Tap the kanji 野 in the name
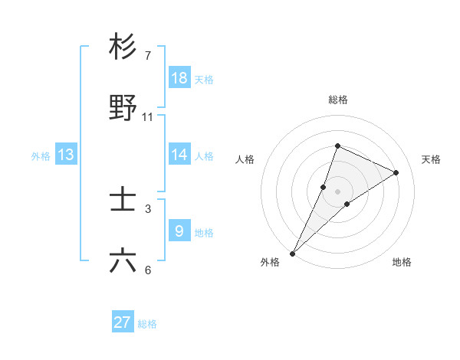123,108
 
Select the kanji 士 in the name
123,200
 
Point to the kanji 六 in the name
123,261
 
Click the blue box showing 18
179,77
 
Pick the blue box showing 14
179,155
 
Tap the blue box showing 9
179,231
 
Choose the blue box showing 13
66,155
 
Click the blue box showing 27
123,322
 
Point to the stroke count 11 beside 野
148,117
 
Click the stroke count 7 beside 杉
148,55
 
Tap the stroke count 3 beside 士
148,208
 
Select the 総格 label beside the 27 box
147,324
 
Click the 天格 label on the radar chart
432,159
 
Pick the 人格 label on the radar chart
245,159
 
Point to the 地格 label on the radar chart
402,262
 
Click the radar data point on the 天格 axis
396,172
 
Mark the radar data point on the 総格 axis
337,146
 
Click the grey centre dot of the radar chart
337,191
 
